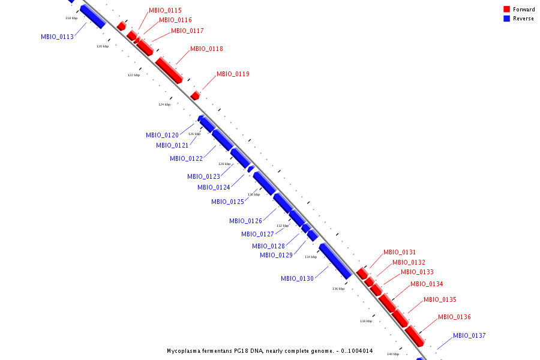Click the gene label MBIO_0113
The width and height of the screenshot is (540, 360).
point(57,37)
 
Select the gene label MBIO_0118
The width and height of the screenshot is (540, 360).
point(206,49)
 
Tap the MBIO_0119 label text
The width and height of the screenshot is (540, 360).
point(233,74)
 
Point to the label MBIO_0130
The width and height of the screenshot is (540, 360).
point(297,278)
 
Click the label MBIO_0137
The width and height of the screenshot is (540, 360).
point(469,335)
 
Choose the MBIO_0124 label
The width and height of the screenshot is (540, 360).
point(214,187)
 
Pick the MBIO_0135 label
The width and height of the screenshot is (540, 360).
point(440,299)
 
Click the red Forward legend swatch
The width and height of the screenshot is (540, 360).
point(506,9)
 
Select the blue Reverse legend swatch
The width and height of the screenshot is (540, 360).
point(506,19)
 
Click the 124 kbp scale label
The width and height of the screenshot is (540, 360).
point(164,104)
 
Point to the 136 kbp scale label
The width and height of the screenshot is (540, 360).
point(338,289)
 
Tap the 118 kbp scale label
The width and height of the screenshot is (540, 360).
point(71,18)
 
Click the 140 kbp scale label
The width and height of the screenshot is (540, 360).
point(393,354)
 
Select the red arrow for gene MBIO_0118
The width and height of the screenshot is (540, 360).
point(169,70)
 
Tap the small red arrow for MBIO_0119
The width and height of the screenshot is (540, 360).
point(195,95)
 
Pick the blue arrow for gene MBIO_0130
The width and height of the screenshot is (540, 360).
point(335,260)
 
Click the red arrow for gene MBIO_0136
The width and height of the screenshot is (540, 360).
point(415,336)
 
